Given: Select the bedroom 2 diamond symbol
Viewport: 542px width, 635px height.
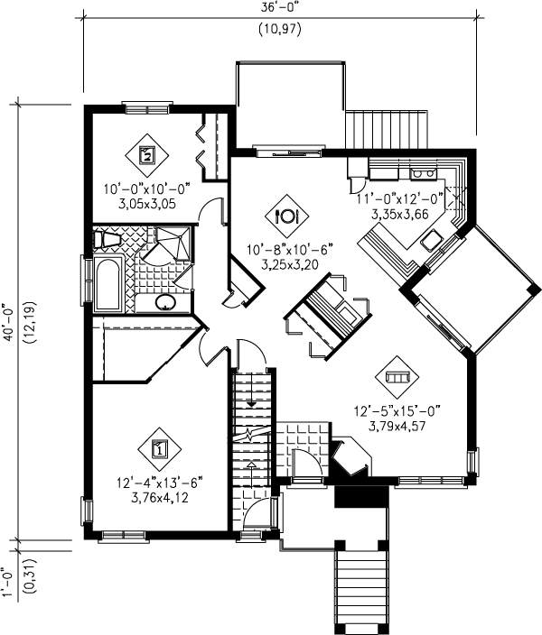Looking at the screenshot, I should point(147,153).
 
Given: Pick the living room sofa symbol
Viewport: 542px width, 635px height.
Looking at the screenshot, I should point(397,376).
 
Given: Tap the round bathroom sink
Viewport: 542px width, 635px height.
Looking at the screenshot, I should point(166,302).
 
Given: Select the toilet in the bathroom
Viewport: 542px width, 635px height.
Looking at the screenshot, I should point(107,239).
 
